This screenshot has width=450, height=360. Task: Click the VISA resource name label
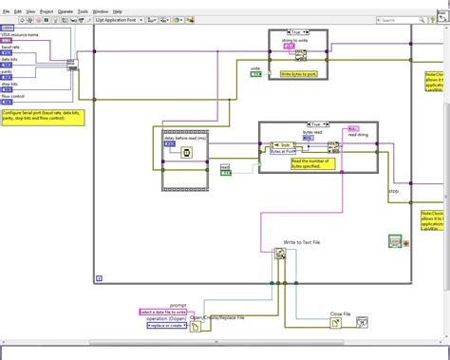click(x=22, y=34)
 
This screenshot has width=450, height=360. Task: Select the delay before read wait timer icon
click(x=186, y=152)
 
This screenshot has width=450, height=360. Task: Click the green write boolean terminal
click(x=255, y=74)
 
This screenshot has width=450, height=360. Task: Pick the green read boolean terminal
click(x=225, y=172)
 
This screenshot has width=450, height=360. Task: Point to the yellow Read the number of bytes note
click(x=314, y=163)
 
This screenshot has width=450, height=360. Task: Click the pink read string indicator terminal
click(x=353, y=128)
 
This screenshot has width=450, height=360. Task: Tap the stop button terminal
click(x=396, y=242)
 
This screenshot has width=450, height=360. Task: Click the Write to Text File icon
click(x=281, y=256)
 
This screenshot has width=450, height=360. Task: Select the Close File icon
click(x=336, y=323)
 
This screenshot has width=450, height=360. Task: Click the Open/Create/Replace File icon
click(x=196, y=327)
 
